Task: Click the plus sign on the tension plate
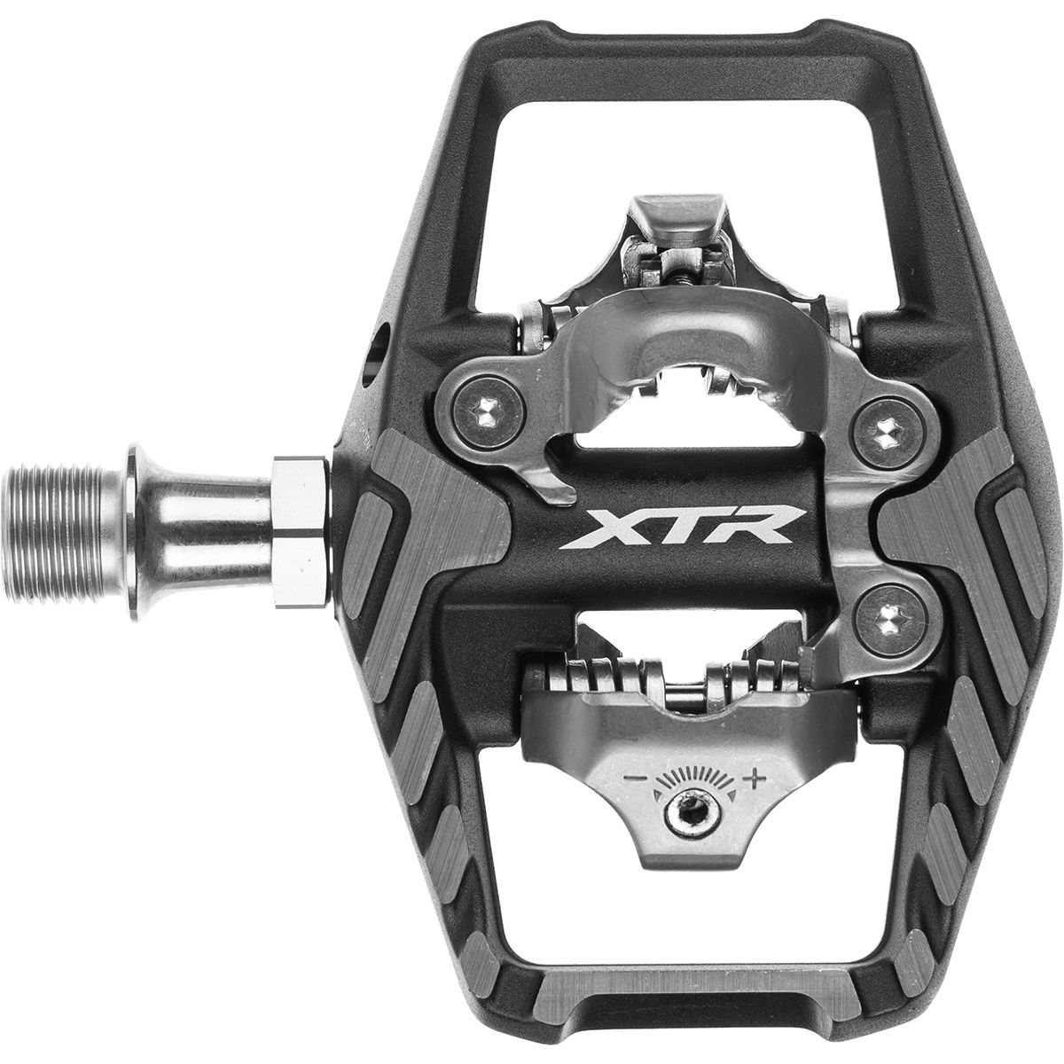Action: click(755, 779)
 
